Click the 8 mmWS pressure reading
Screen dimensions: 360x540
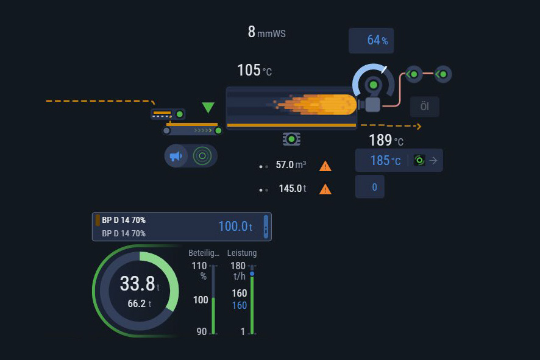point(266,32)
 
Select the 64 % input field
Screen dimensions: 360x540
point(371,41)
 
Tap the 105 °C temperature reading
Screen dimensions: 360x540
point(254,71)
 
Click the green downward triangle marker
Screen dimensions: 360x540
point(208,108)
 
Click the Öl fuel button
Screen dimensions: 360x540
point(424,107)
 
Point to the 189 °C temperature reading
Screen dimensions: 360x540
point(386,141)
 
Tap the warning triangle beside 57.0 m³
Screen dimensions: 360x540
point(325,166)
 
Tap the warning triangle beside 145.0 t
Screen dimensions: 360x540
point(325,189)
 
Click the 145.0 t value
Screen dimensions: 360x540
point(292,189)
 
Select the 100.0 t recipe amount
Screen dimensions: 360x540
point(235,227)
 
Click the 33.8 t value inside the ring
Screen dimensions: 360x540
point(139,284)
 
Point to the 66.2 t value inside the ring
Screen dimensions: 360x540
point(139,303)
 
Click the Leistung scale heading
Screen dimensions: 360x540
point(242,253)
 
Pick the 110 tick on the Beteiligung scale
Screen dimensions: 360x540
point(199,266)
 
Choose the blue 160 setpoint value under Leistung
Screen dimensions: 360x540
point(239,305)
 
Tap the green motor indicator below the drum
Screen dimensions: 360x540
point(291,139)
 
